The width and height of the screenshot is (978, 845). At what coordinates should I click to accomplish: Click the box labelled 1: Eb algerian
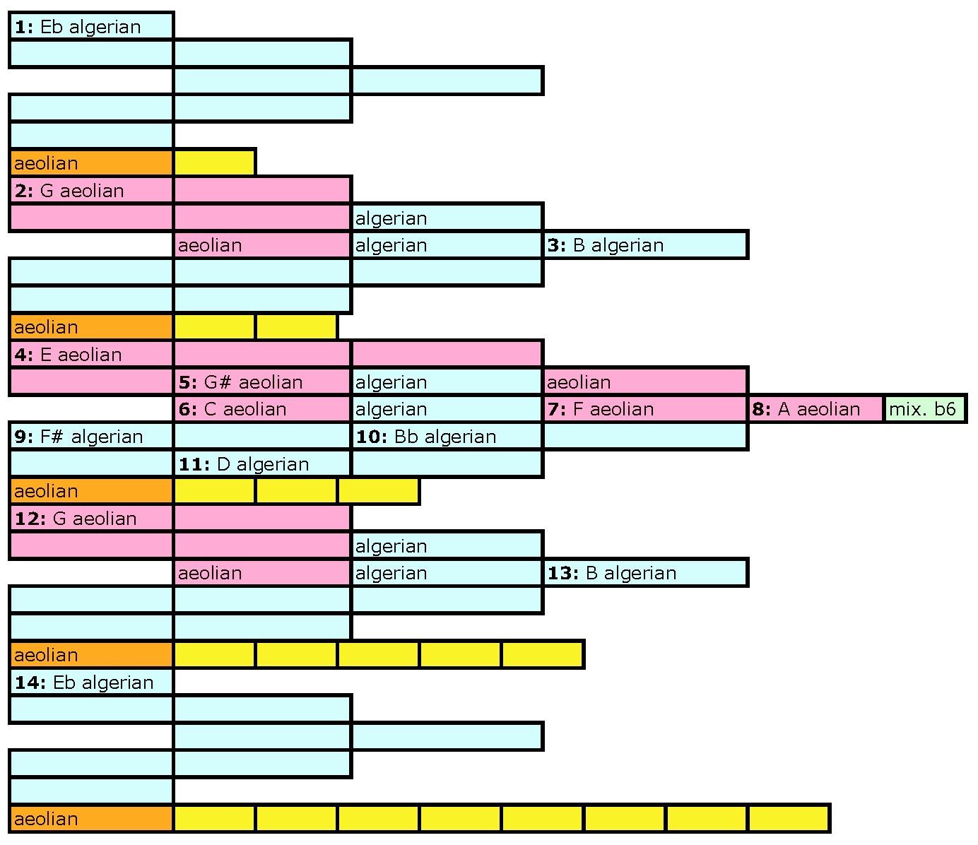(x=91, y=27)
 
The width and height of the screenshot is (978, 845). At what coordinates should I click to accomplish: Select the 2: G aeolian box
(x=91, y=191)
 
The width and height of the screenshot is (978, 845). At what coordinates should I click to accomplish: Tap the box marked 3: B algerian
(x=645, y=245)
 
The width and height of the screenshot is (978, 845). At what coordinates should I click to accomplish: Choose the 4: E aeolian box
(x=91, y=355)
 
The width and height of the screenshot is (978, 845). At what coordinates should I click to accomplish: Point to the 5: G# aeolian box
(x=262, y=382)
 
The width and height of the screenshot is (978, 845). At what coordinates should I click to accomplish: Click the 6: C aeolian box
(x=262, y=409)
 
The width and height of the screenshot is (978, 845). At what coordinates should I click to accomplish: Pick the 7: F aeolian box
(x=645, y=409)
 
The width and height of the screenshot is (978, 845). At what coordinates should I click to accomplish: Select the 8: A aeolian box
(x=815, y=409)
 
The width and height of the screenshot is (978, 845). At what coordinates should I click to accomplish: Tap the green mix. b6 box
(x=924, y=409)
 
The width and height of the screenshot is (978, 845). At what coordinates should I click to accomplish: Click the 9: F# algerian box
(x=91, y=437)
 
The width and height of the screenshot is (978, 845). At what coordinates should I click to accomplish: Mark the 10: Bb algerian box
(x=447, y=437)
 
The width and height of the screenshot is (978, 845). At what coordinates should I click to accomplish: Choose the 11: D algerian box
(x=262, y=464)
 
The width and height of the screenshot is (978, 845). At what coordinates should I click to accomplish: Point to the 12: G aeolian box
(x=91, y=519)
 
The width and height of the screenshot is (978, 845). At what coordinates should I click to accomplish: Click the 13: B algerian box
(x=645, y=573)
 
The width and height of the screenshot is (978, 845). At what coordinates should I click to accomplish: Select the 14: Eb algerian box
(x=91, y=682)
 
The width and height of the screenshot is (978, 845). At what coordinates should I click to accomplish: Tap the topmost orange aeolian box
(x=91, y=163)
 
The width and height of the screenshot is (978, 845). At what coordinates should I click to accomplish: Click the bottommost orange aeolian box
(x=91, y=819)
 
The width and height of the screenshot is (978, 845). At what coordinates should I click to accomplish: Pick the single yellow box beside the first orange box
(x=214, y=163)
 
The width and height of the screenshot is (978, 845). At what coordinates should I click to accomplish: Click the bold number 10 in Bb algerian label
(x=370, y=437)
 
